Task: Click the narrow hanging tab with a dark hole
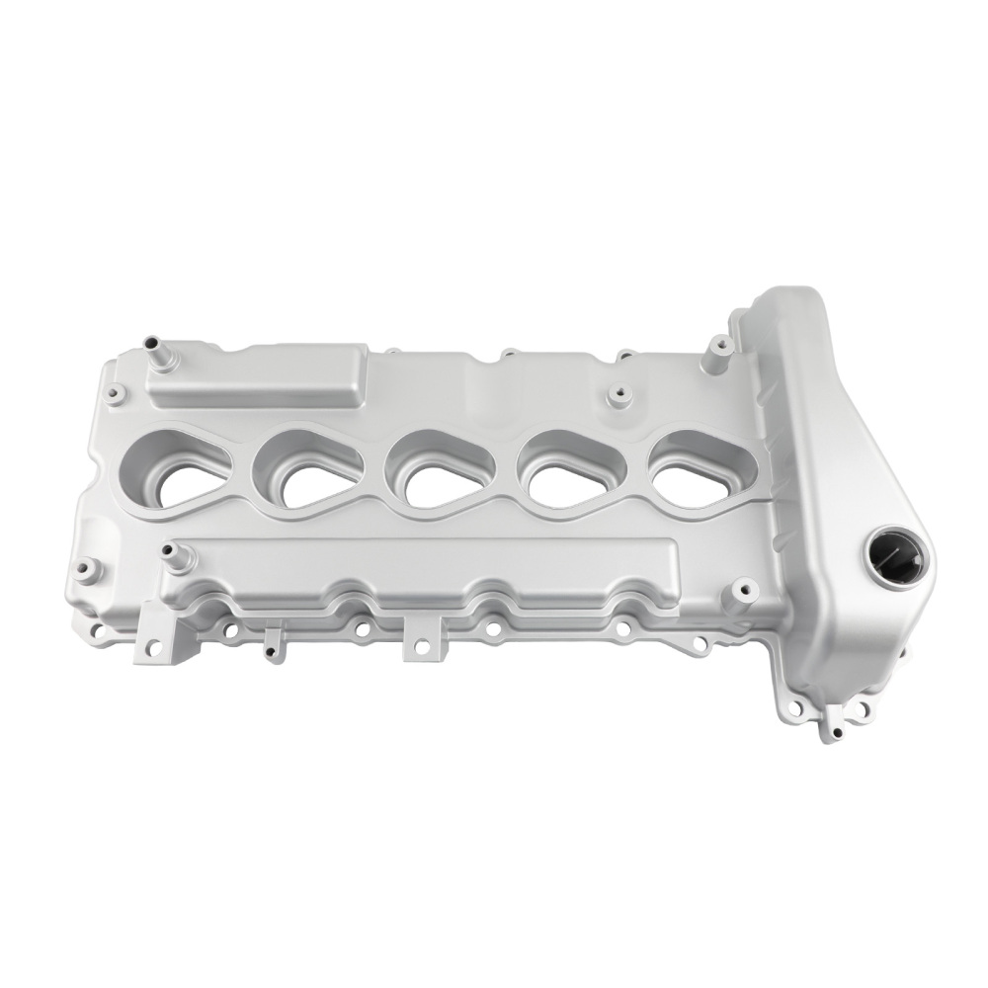click(269, 642)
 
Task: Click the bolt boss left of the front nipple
click(86, 570)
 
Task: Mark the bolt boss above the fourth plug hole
click(620, 396)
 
